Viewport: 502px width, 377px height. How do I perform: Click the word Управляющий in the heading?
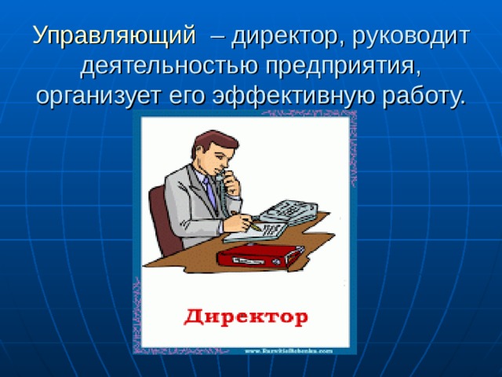pos(114,36)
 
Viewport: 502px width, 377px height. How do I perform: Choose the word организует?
pos(100,96)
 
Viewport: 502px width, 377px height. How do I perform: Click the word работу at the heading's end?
pos(424,96)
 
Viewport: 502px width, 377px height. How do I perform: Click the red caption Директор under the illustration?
pos(245,317)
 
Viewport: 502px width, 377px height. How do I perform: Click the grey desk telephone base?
pos(289,210)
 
